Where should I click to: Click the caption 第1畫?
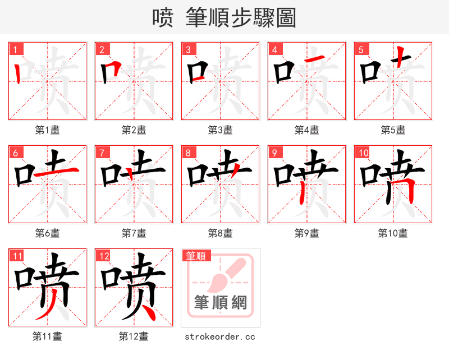48,130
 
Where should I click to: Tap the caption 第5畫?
393,130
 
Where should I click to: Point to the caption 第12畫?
134,336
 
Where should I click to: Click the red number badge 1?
15,49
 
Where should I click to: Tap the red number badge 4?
274,49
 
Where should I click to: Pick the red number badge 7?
101,153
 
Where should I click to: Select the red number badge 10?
363,153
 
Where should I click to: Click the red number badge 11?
17,256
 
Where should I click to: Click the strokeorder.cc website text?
220,336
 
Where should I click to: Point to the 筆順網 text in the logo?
220,303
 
